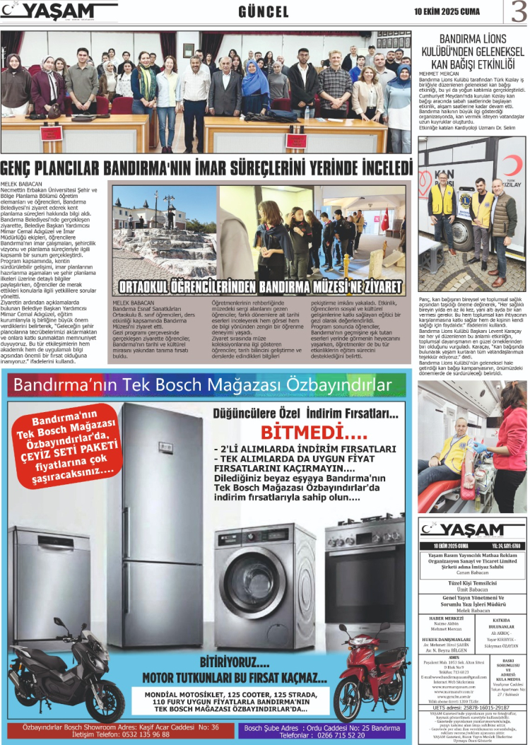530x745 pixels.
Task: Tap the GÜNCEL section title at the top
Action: (x=263, y=12)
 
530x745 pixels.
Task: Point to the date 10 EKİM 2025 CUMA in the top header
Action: (x=447, y=11)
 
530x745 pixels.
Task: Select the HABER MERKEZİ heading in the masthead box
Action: (x=448, y=618)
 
